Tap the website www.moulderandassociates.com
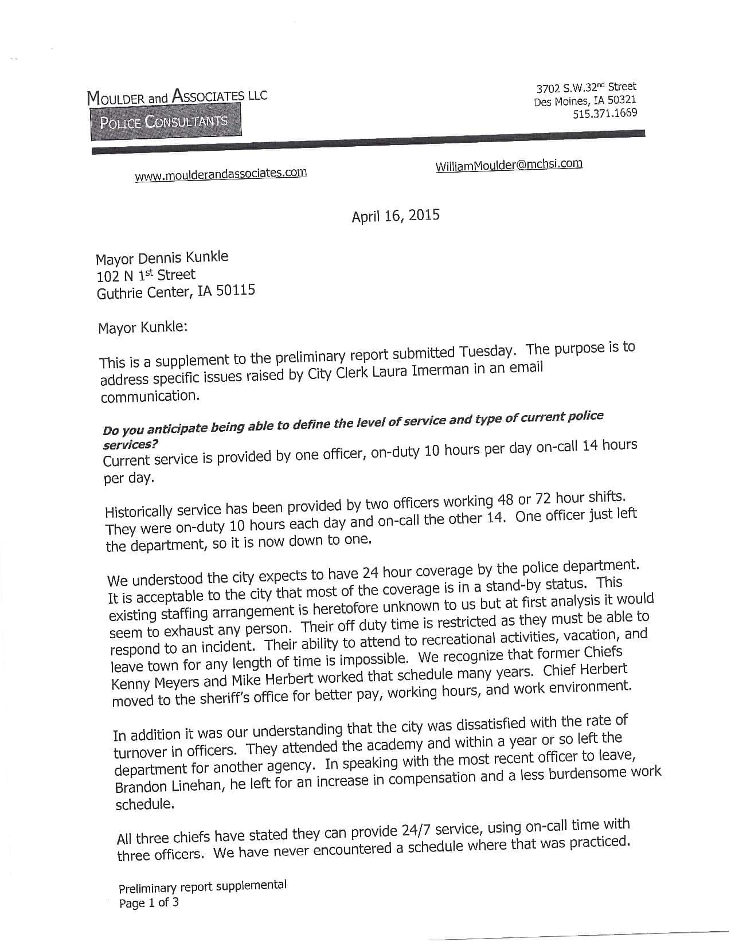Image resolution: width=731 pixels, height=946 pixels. [x=221, y=174]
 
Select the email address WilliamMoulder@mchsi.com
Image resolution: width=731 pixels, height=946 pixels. [x=509, y=165]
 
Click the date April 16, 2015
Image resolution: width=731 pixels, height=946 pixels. [x=396, y=216]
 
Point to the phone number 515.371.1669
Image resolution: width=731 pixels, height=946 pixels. [x=605, y=113]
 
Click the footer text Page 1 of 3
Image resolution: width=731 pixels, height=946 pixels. [x=148, y=903]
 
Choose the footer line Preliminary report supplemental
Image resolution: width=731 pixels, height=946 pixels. [x=202, y=886]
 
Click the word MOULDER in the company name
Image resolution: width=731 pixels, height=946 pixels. [x=115, y=98]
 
